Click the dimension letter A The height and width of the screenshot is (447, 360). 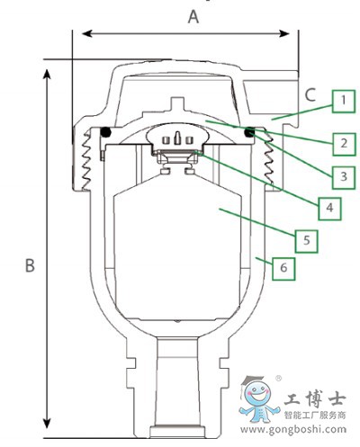[193, 16]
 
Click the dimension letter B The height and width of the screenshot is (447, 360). [30, 264]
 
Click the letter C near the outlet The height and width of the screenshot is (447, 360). [310, 94]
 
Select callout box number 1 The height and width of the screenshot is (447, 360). [344, 102]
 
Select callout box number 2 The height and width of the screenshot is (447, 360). [344, 144]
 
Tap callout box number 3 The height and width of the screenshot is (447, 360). [344, 177]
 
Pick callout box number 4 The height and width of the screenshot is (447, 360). [329, 209]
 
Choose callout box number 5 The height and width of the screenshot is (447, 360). [306, 241]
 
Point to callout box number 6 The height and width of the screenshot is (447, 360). [283, 269]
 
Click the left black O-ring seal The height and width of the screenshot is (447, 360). [105, 132]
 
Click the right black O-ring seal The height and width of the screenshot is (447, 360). [249, 132]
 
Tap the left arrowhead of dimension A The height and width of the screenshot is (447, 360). [86, 33]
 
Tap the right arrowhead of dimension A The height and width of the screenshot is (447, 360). [284, 33]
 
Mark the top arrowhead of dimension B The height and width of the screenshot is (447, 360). [47, 74]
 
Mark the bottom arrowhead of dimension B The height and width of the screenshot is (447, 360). [47, 423]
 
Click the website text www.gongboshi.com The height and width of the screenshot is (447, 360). [293, 429]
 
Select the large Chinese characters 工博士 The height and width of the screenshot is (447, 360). [315, 399]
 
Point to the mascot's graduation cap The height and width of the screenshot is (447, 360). [252, 380]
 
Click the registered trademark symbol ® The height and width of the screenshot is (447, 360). [278, 379]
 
